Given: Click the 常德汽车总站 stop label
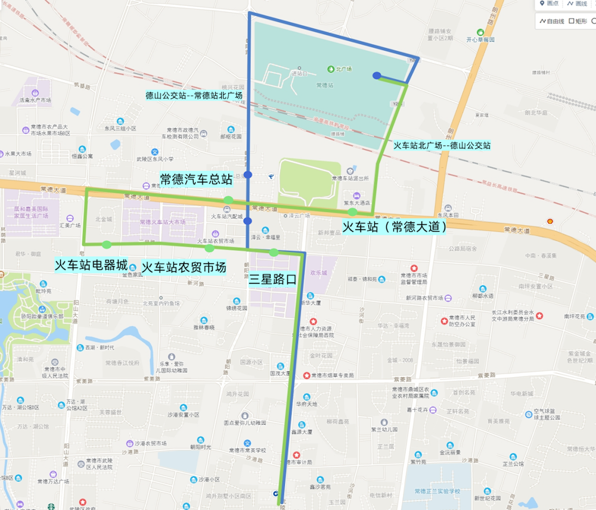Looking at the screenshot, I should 196,179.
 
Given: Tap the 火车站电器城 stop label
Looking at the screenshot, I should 91,265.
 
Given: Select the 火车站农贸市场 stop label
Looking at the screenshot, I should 184,268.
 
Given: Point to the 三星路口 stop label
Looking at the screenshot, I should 272,279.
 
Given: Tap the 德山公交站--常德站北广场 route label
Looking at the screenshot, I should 194,95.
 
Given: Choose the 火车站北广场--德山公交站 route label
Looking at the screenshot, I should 442,145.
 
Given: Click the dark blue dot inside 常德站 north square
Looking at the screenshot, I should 377,76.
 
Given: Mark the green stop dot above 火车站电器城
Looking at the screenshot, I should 107,244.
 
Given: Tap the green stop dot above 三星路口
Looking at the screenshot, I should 274,253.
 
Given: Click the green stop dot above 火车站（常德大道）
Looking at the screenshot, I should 353,212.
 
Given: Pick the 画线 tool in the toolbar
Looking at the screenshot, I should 578,4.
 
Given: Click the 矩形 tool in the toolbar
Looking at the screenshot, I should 578,21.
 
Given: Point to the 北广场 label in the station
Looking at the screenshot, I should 343,69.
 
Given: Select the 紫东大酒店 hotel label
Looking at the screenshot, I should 356,203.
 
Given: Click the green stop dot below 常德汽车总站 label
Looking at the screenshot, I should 228,200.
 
